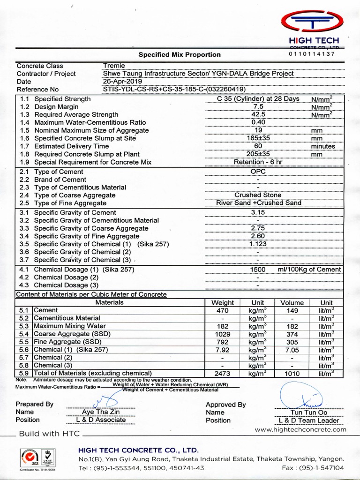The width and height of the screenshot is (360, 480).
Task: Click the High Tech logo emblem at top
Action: coord(311,22)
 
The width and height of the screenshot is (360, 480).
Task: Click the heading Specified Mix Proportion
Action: coord(180,54)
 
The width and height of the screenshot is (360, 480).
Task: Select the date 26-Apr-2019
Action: coord(122,81)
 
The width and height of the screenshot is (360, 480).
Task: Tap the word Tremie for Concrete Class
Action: coord(114,66)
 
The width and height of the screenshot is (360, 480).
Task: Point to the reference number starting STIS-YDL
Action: coord(174,89)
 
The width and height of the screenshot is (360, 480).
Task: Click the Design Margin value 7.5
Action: coord(258,106)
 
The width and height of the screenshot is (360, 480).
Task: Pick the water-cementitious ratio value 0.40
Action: coord(258,122)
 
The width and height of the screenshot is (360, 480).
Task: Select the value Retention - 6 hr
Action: coord(258,162)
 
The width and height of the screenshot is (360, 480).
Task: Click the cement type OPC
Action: coord(258,172)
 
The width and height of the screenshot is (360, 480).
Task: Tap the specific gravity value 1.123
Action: coord(258,244)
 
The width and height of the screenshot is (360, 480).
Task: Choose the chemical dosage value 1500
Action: coord(258,270)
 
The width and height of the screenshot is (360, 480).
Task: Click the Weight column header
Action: coord(223,303)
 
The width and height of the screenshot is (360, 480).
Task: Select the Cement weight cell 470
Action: coord(223,310)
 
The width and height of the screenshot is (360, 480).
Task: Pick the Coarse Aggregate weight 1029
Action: coord(223,334)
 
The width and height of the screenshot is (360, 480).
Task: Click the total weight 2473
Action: coord(223,374)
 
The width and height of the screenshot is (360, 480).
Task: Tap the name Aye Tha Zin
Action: coord(101,412)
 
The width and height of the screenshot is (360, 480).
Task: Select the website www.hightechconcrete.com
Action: coord(300,429)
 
